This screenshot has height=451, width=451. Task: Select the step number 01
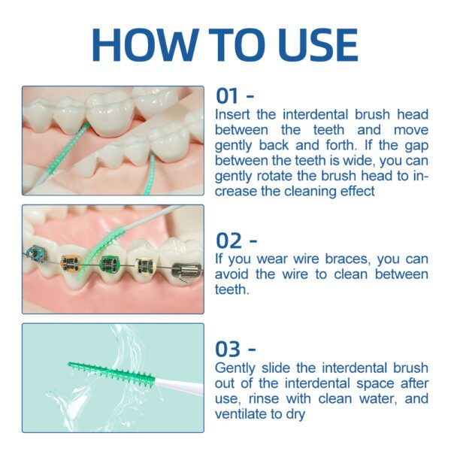227,95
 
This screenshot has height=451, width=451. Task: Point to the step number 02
229,241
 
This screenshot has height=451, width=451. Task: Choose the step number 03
228,350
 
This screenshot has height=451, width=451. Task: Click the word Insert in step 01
233,114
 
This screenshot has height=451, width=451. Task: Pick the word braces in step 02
347,259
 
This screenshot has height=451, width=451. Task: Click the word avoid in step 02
232,274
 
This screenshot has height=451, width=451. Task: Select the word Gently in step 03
235,368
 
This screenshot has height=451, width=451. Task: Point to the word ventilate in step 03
240,413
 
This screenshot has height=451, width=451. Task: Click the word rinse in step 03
264,398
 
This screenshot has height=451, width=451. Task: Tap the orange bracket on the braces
71,262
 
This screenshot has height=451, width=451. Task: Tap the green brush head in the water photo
111,374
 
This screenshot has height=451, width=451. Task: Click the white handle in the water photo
180,386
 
